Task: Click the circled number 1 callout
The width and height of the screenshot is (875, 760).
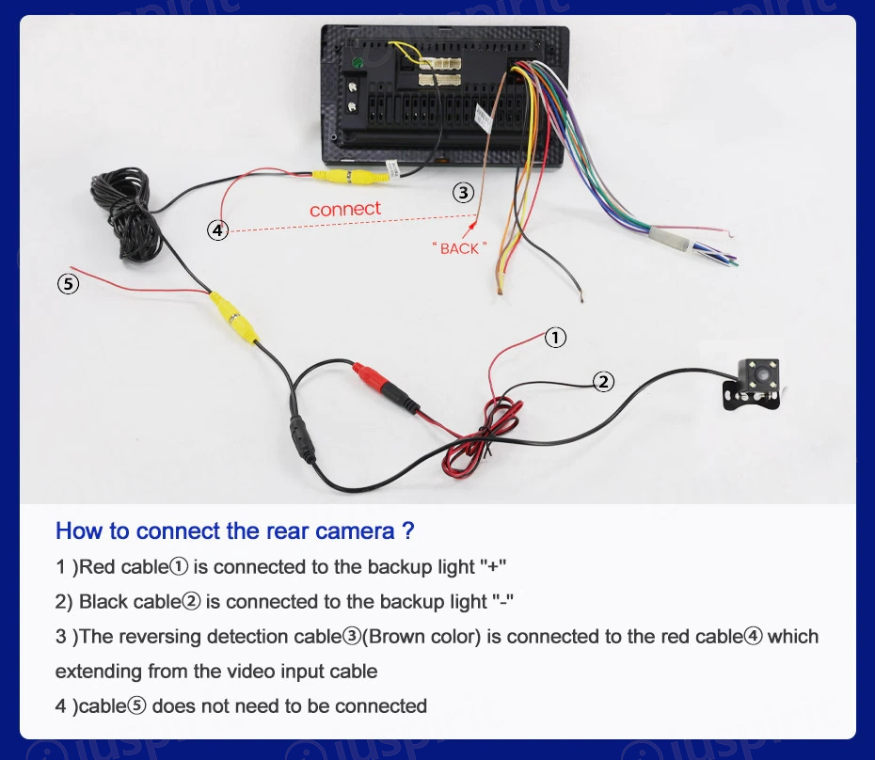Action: (556, 337)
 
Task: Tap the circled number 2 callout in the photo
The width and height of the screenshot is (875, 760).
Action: (603, 381)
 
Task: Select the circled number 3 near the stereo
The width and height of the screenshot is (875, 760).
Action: (462, 193)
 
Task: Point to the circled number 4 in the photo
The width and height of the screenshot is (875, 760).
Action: (217, 230)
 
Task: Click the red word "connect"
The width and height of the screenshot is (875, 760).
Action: (345, 208)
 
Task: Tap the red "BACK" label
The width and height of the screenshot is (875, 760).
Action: (459, 248)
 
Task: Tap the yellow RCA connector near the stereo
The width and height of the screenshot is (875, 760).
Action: (346, 176)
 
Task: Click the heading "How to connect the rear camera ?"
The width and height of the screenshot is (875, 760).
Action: (234, 530)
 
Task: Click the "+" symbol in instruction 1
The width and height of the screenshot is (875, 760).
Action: (494, 567)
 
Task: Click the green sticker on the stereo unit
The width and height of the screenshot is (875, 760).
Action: (358, 63)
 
